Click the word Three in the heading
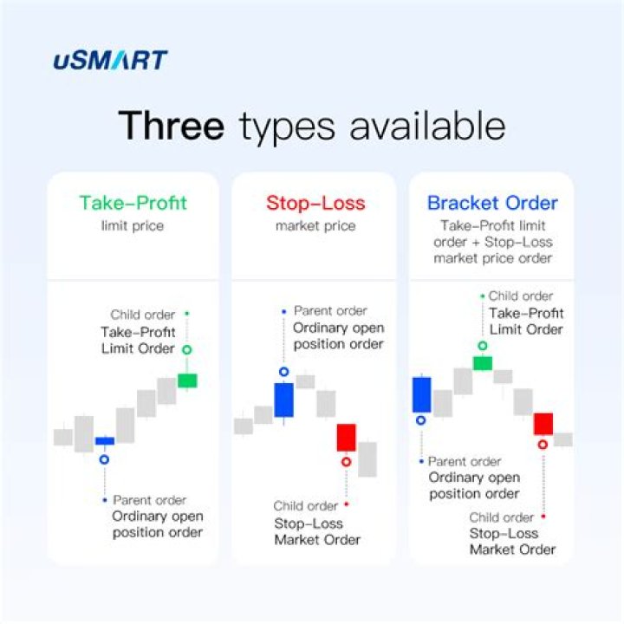[172, 126]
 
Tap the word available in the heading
[427, 126]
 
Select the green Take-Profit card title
[133, 203]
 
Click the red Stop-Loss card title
[315, 204]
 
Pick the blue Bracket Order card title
[492, 204]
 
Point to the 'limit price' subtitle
[133, 226]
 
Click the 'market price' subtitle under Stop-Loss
[315, 226]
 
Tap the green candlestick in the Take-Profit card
[187, 380]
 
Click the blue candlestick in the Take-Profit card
[105, 441]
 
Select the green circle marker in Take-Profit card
[186, 350]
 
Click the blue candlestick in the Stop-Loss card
[284, 400]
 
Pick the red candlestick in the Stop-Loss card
[346, 437]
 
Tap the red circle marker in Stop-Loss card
[346, 462]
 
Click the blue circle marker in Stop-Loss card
[283, 372]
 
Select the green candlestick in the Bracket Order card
[483, 362]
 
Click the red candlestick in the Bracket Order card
[543, 424]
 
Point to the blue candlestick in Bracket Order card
[422, 394]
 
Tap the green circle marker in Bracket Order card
[482, 345]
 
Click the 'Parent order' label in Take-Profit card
[150, 500]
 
